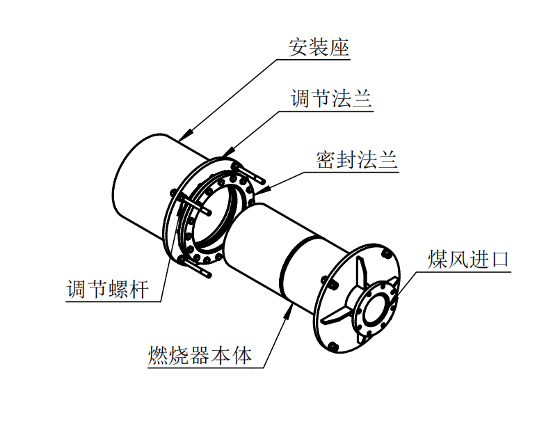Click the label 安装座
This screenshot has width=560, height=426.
coord(319,47)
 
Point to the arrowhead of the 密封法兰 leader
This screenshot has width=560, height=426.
coord(261,189)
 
